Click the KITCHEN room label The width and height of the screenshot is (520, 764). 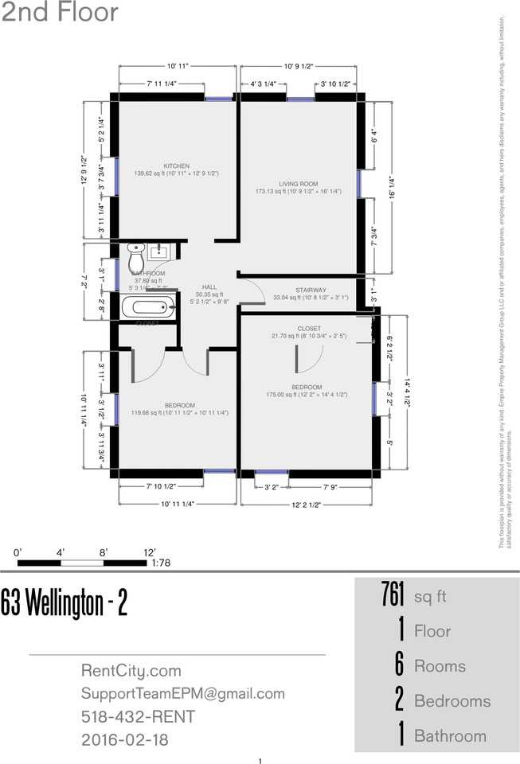click(176, 166)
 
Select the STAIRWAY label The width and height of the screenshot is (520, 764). click(310, 290)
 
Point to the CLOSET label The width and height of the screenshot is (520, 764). click(309, 329)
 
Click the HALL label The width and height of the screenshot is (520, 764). click(209, 287)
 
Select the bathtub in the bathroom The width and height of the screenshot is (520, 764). click(148, 306)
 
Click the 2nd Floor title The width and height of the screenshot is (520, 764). click(61, 14)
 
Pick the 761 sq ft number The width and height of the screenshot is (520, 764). click(393, 594)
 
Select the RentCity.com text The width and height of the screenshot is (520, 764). click(131, 671)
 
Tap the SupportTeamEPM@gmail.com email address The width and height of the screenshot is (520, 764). click(182, 694)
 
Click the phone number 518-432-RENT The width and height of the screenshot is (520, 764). click(138, 717)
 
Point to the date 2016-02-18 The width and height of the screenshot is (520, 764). click(124, 740)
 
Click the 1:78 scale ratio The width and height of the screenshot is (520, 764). click(160, 563)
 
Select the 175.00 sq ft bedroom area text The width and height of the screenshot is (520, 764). click(306, 395)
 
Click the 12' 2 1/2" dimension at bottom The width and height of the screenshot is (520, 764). click(306, 504)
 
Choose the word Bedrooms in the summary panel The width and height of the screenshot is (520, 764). click(452, 701)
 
